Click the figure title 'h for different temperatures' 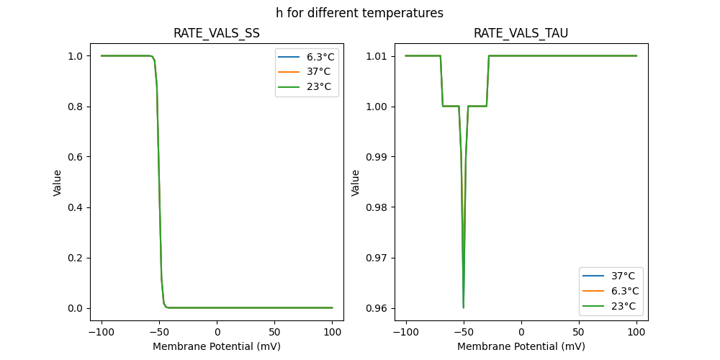pos(359,13)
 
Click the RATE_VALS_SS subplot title pos(217,33)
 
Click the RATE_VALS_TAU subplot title pos(521,33)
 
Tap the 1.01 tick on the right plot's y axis pos(379,56)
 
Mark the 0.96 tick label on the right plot pos(379,308)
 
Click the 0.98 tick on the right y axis pos(379,207)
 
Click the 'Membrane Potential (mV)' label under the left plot pos(217,346)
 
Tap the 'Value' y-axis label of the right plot pos(355,183)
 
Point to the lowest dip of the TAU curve pos(464,307)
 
